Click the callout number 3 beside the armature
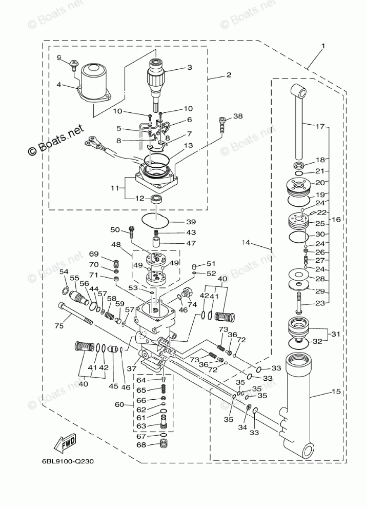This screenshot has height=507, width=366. (x=189, y=67)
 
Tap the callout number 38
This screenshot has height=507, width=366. (x=237, y=116)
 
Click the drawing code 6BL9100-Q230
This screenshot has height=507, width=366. (x=68, y=461)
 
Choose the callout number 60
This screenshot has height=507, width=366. (x=119, y=404)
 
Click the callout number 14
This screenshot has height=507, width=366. (x=247, y=242)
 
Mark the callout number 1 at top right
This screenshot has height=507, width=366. (x=323, y=46)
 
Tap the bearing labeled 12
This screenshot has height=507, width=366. (x=156, y=199)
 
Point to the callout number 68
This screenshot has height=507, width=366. (x=141, y=445)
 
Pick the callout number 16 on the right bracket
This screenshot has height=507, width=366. (x=336, y=219)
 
